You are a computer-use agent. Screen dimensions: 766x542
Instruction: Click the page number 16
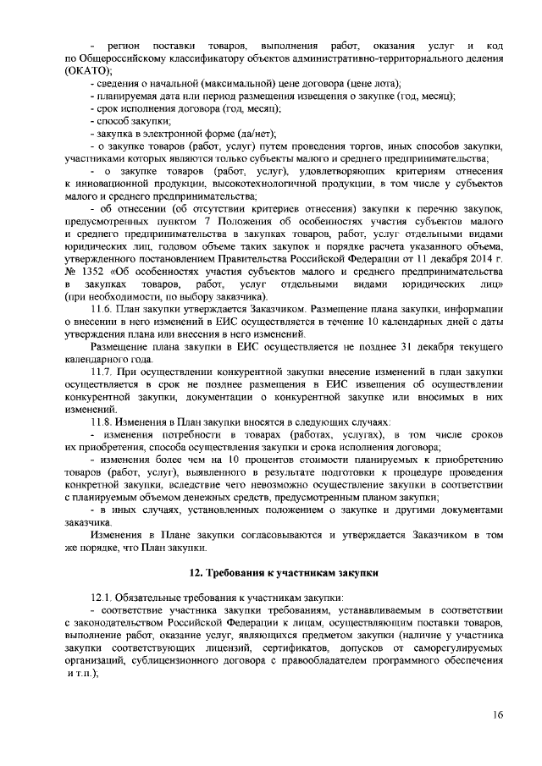point(497,715)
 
